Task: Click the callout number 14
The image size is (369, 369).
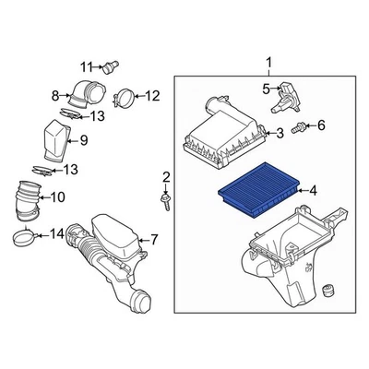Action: point(56,233)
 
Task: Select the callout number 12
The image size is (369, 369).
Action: point(152,94)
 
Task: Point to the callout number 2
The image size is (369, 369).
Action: point(166,176)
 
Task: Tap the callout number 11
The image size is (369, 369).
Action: point(86,65)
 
